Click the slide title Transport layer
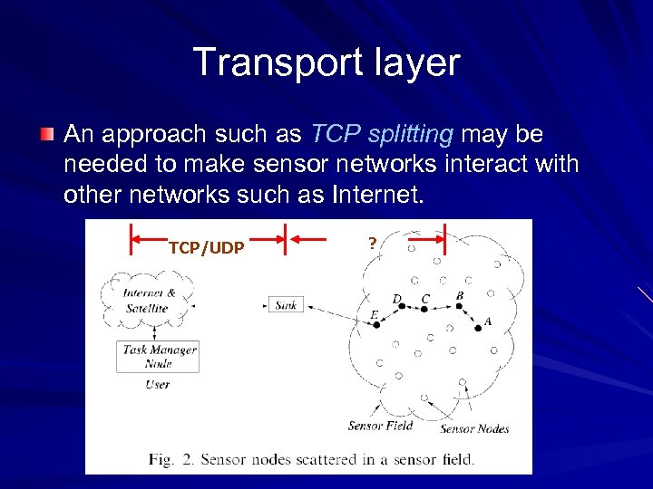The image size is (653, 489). (x=326, y=63)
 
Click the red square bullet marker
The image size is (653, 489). (x=46, y=135)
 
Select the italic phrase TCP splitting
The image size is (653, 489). (x=382, y=135)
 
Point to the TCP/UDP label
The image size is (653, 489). (x=206, y=247)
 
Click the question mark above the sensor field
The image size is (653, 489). (x=372, y=242)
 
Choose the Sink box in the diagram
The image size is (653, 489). (x=286, y=305)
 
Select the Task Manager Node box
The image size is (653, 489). (x=160, y=356)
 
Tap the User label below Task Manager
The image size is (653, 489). (x=157, y=384)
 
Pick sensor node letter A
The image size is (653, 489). (x=488, y=321)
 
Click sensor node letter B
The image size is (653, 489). (x=460, y=296)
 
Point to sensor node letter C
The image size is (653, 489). (x=425, y=299)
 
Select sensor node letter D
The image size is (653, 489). (x=396, y=298)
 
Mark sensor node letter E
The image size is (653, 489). (x=374, y=315)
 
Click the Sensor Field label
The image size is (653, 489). (x=380, y=426)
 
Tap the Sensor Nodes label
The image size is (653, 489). (x=474, y=428)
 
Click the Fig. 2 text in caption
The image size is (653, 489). (x=171, y=459)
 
